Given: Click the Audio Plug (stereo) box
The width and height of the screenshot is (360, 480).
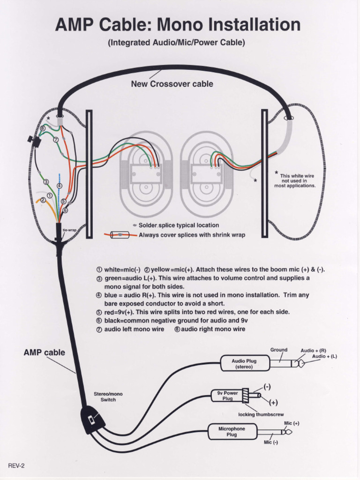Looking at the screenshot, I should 245,364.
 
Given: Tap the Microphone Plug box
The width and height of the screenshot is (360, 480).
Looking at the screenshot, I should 232,431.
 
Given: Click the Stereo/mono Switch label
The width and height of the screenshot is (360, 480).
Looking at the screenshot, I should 108,397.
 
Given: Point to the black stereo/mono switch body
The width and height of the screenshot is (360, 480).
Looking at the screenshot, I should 92,420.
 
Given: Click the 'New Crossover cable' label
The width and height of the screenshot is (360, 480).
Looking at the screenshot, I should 172,84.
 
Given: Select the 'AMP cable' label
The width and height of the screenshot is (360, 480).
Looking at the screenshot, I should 44,352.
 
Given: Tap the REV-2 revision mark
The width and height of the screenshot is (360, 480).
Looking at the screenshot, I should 16,465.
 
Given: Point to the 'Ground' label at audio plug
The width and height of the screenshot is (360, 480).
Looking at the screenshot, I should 278,350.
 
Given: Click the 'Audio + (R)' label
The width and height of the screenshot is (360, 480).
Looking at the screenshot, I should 313,351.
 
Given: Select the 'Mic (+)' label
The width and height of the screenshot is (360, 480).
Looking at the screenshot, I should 292,423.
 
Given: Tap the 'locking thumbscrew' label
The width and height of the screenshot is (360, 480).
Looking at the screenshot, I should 261,414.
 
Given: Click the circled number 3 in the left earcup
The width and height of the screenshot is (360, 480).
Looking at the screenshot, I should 46,182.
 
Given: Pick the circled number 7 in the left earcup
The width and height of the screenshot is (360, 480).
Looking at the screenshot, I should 55,140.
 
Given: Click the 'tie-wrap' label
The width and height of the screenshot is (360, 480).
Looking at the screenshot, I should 69,230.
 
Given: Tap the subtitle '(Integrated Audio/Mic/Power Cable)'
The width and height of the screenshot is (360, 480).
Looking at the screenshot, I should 176,43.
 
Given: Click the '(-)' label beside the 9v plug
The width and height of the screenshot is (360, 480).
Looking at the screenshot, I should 267,387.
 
